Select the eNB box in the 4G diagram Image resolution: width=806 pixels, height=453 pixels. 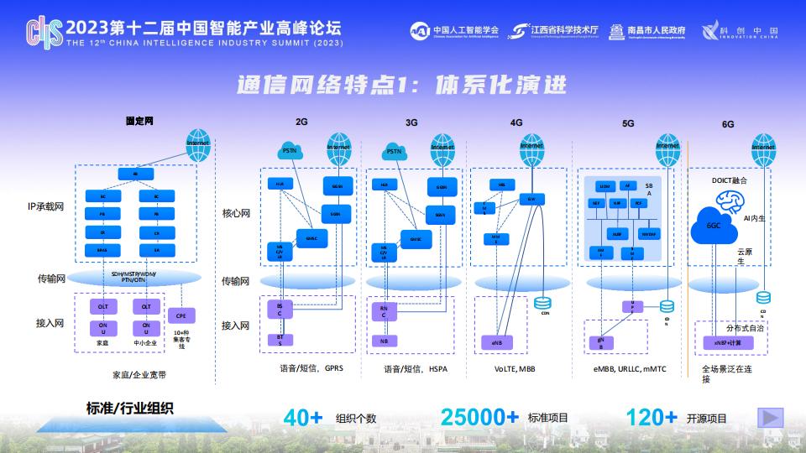496,343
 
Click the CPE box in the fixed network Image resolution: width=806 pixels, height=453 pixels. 181,315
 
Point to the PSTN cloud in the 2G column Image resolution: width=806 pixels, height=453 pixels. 290,151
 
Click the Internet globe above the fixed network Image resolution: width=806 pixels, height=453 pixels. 198,141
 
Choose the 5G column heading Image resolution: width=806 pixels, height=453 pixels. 628,123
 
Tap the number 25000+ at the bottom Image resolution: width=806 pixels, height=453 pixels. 479,417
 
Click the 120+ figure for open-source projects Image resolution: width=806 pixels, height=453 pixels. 652,417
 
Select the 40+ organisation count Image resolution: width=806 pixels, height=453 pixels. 304,417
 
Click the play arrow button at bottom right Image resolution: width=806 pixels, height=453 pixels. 770,417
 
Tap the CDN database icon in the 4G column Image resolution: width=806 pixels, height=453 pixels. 542,302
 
